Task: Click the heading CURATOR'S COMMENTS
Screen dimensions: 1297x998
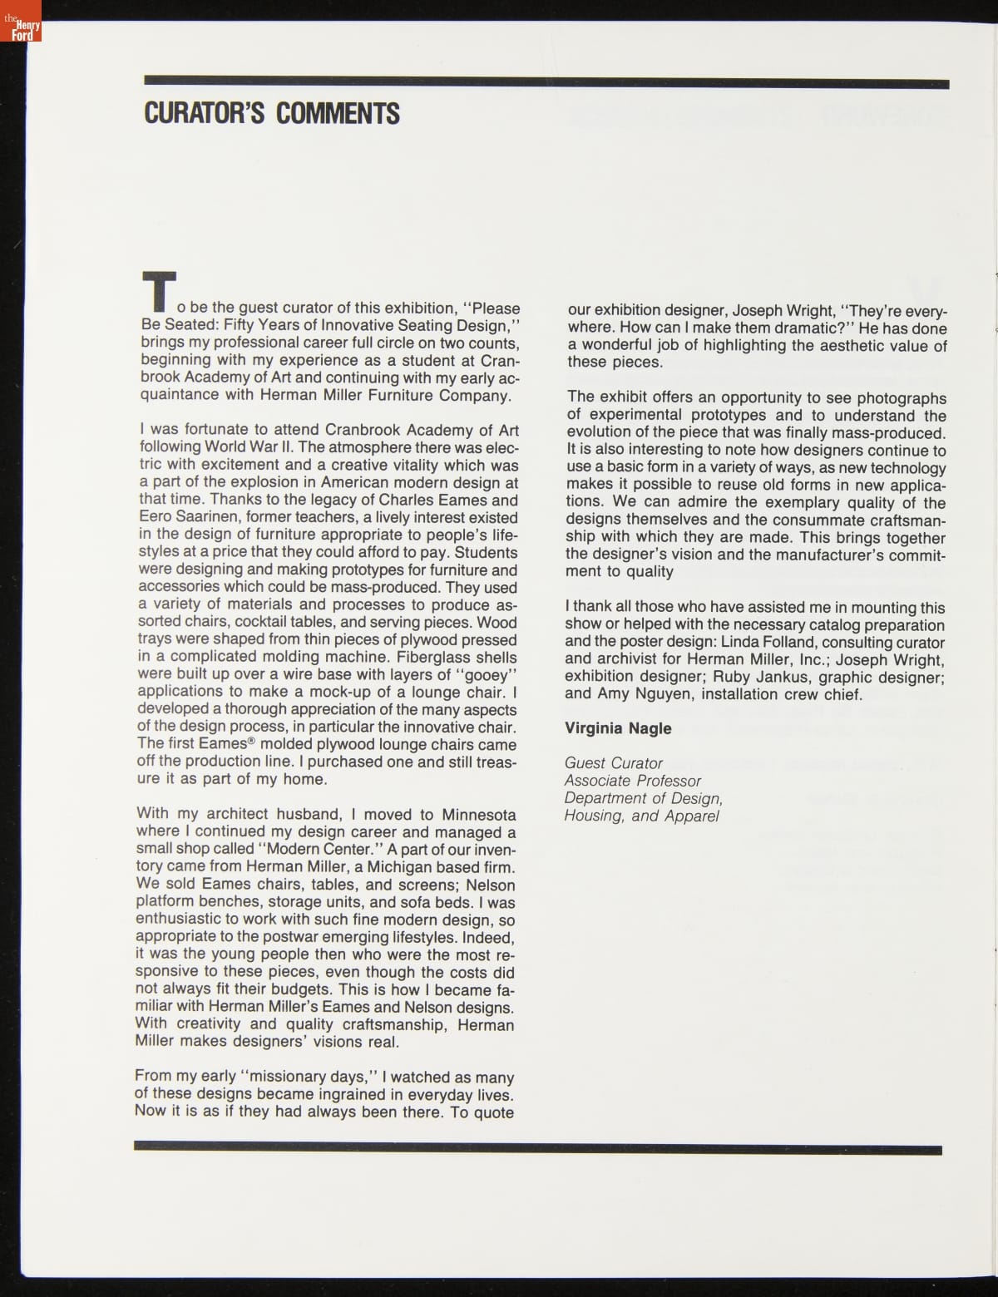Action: coord(271,114)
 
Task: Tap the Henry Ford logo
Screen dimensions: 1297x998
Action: coord(21,29)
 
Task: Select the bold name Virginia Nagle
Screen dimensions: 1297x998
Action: coord(618,728)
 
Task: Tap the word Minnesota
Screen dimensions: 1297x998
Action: coord(478,815)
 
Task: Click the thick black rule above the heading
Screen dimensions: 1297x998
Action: coord(546,82)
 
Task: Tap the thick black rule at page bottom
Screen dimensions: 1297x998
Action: coord(537,1149)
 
